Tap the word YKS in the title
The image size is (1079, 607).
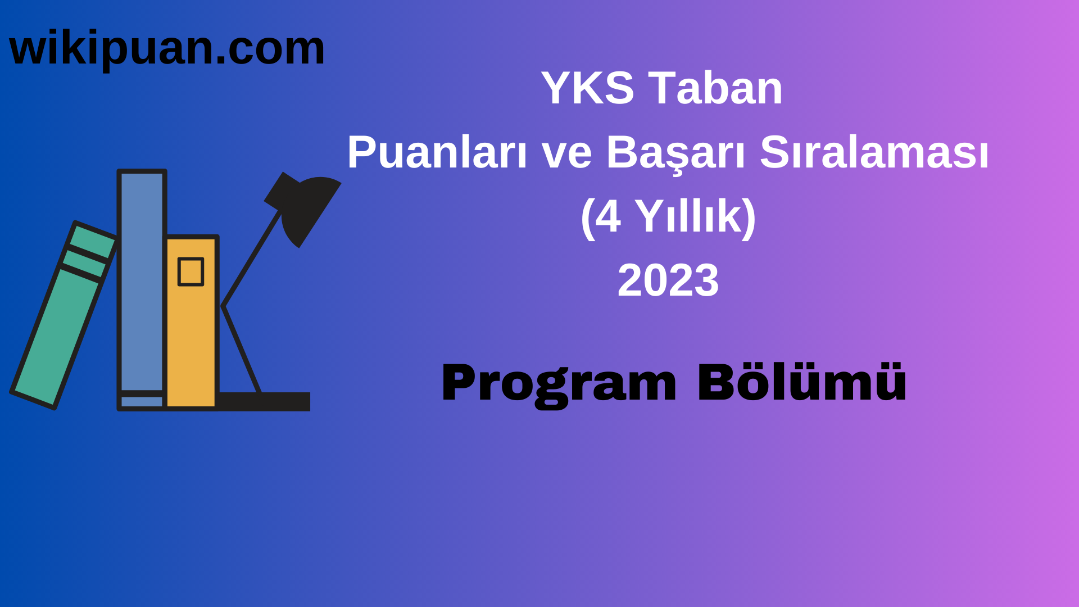click(587, 88)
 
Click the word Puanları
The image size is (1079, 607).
click(437, 152)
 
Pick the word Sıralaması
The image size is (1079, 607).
click(874, 152)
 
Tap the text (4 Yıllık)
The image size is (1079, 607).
click(668, 216)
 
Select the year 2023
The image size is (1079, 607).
click(668, 280)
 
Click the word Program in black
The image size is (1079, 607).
click(559, 384)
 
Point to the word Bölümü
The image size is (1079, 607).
click(802, 383)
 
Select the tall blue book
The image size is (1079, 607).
click(142, 281)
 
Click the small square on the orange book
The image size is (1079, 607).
click(191, 272)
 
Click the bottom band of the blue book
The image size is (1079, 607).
click(142, 402)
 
